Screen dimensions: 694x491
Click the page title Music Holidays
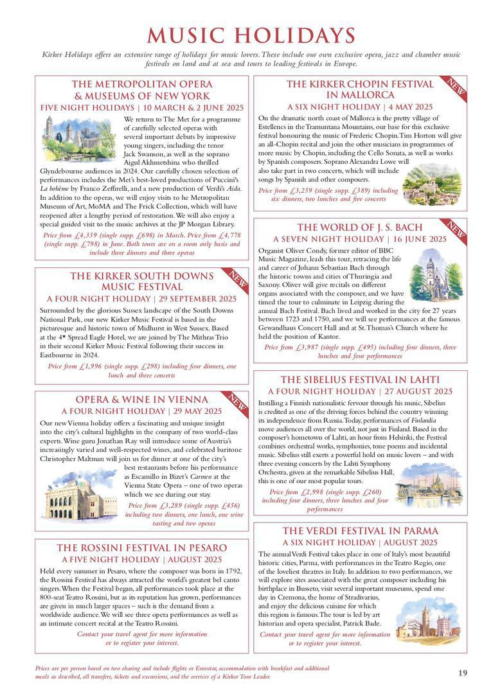click(x=251, y=35)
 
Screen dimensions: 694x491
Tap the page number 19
click(x=463, y=673)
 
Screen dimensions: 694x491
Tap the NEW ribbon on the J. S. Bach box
click(x=456, y=229)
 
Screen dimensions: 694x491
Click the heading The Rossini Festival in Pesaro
click(x=142, y=548)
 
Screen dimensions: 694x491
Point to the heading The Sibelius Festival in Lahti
click(x=360, y=380)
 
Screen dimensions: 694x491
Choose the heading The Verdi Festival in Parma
click(x=360, y=531)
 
